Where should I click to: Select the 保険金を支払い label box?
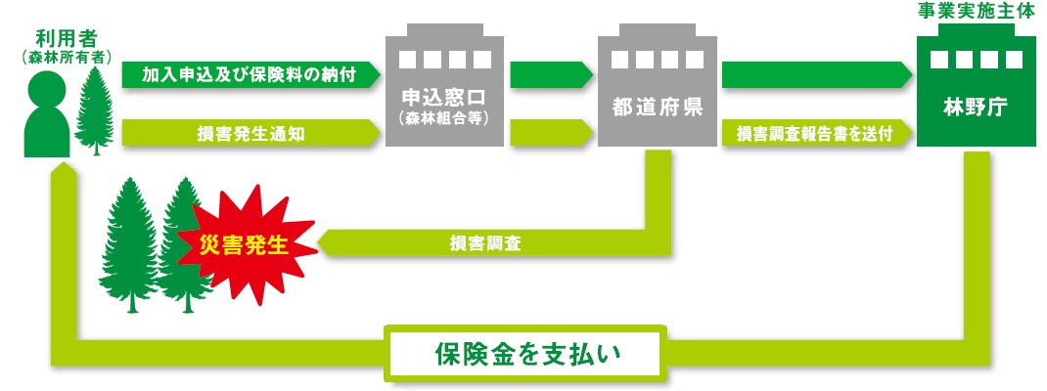coord(527,352)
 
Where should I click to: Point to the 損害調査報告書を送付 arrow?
coord(814,133)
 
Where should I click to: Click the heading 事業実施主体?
coord(977,12)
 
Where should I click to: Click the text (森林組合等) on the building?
coord(444,119)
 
